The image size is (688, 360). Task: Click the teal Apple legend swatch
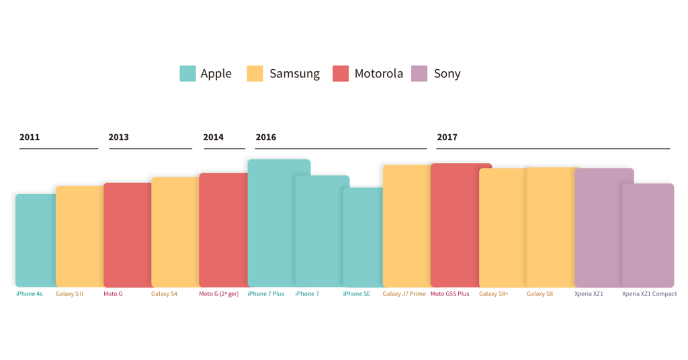click(x=187, y=73)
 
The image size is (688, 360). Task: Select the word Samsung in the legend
click(x=294, y=74)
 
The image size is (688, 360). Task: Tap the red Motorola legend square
click(x=341, y=73)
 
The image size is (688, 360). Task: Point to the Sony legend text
click(x=447, y=74)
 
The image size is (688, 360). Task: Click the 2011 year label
click(x=30, y=137)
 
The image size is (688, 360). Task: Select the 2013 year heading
click(x=119, y=137)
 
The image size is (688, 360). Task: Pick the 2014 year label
click(x=214, y=137)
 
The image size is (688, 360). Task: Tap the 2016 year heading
click(x=266, y=137)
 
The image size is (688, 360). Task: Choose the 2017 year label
click(x=447, y=137)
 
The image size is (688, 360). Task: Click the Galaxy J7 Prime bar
click(x=406, y=226)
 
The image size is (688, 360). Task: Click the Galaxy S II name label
click(x=69, y=294)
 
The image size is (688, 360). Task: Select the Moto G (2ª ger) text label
click(x=218, y=294)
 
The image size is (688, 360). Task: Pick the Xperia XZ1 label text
click(x=589, y=294)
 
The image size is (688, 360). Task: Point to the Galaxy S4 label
click(x=164, y=294)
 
